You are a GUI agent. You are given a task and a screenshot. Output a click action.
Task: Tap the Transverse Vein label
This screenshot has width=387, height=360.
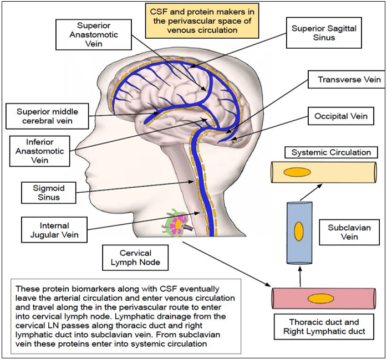click(x=349, y=80)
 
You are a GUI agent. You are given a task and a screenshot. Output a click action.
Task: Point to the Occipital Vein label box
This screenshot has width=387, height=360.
click(x=341, y=116)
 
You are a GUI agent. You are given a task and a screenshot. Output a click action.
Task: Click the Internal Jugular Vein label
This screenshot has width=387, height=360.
click(x=54, y=230)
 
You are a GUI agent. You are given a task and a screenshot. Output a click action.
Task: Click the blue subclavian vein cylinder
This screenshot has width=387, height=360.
click(x=299, y=232)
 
